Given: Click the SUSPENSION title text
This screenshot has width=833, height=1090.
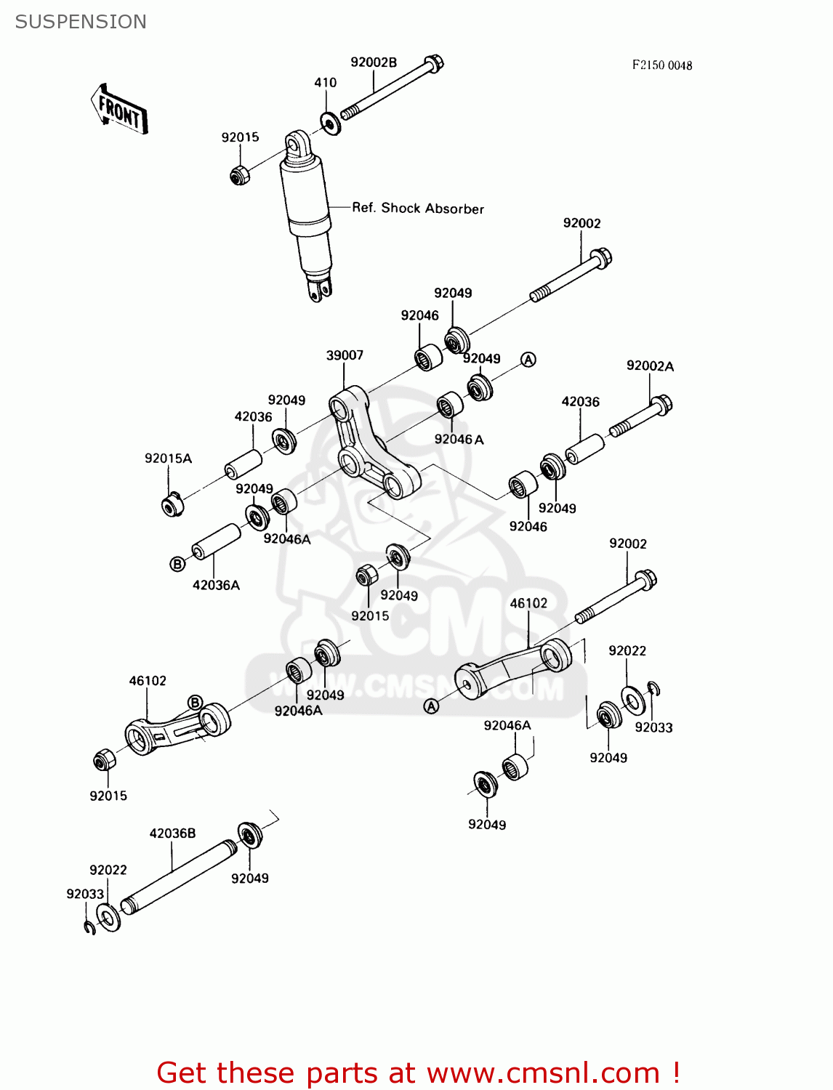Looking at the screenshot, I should click(x=81, y=22).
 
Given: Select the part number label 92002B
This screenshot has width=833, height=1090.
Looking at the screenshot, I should click(x=374, y=62).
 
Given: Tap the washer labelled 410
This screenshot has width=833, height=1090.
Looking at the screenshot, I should click(x=329, y=123).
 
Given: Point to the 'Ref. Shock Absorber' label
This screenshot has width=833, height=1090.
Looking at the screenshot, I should click(x=417, y=209).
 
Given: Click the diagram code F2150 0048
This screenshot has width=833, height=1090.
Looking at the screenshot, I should click(x=661, y=65).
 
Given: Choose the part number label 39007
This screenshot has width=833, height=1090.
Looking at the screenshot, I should click(x=345, y=355).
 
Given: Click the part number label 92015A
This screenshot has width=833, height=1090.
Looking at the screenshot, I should click(x=168, y=459).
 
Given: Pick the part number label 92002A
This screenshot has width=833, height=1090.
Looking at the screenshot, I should click(x=650, y=366).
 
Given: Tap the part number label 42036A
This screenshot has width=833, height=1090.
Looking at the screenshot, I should click(x=216, y=585).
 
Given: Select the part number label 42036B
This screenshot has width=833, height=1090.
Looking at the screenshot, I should click(x=172, y=833).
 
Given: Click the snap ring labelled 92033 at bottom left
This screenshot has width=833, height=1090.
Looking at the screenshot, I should click(x=89, y=928).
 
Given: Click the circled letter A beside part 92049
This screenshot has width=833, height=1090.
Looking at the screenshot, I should click(x=528, y=360).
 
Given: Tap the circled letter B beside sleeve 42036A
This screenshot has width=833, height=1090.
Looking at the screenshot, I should click(x=177, y=564).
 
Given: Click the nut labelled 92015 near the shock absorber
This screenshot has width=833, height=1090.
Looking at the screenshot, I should click(x=240, y=175).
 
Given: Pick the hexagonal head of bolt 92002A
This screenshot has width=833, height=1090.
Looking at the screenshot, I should click(x=661, y=404).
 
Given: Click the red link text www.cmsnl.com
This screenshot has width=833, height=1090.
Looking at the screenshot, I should click(x=542, y=1073).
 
